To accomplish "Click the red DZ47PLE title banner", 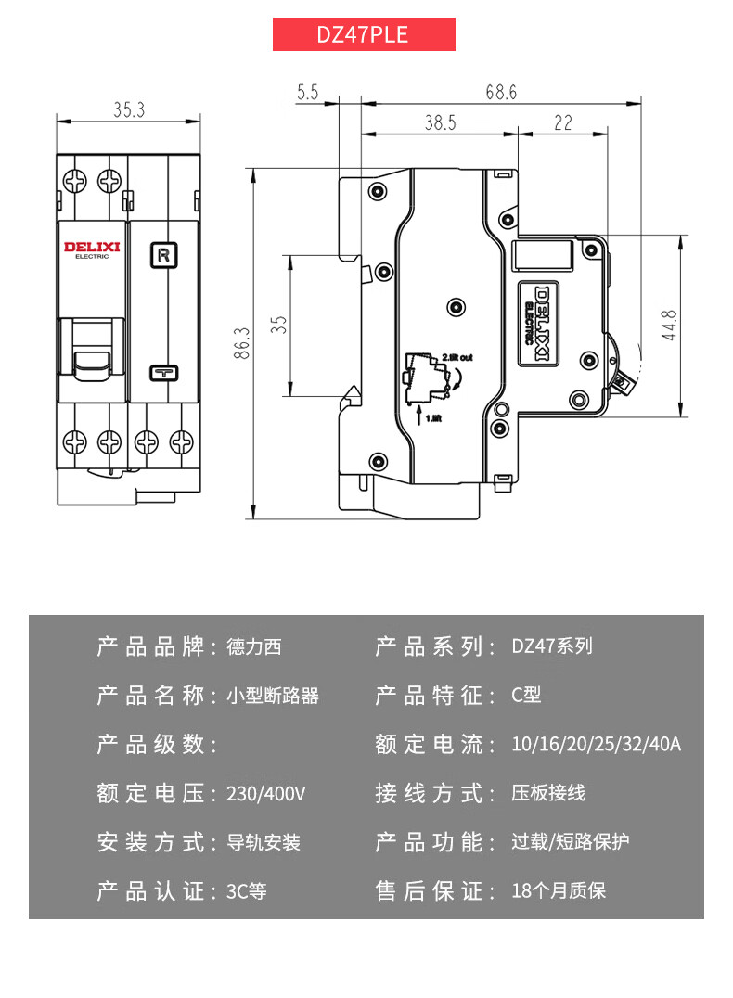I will tap(363, 34).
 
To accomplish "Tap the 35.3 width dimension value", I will tap(129, 109).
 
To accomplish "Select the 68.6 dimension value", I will tap(500, 93).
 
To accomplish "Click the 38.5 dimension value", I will tap(441, 122).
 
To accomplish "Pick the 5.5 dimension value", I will tap(308, 93).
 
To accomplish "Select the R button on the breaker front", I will tap(163, 253).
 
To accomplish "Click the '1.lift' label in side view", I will tap(433, 418).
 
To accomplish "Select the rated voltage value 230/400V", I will tap(266, 794).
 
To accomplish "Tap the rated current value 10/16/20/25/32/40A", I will tap(596, 744).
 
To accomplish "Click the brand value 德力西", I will tap(253, 646).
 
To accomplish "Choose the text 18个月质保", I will tap(559, 891).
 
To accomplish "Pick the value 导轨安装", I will tap(264, 843).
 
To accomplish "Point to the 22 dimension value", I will tap(562, 122).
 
